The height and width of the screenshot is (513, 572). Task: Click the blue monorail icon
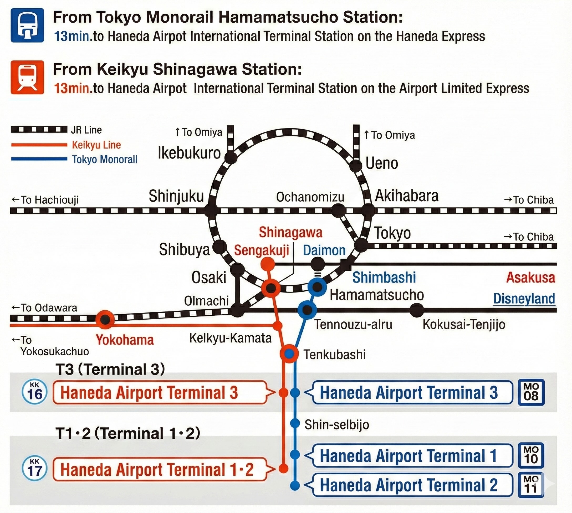pos(27,25)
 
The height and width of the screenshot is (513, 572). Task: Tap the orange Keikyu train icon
pos(27,77)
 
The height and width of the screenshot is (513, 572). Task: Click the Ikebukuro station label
pos(189,153)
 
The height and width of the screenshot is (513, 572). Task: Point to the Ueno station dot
pos(355,166)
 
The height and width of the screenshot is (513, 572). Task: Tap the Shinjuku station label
pos(176,196)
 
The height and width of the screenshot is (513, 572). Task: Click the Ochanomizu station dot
pos(338,211)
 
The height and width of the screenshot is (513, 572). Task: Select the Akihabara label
pos(406,196)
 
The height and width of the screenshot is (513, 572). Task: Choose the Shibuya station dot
pos(219,247)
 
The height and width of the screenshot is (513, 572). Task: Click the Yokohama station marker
pos(105,319)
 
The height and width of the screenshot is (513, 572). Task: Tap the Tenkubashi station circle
pos(289,353)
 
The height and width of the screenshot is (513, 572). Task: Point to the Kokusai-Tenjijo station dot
pos(416,310)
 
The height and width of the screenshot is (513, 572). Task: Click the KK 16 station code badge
pos(35,392)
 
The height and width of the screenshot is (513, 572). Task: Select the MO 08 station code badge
pos(531,392)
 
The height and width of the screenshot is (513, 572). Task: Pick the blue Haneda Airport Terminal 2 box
pos(412,485)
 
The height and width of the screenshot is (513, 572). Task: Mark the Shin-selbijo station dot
pos(295,423)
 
